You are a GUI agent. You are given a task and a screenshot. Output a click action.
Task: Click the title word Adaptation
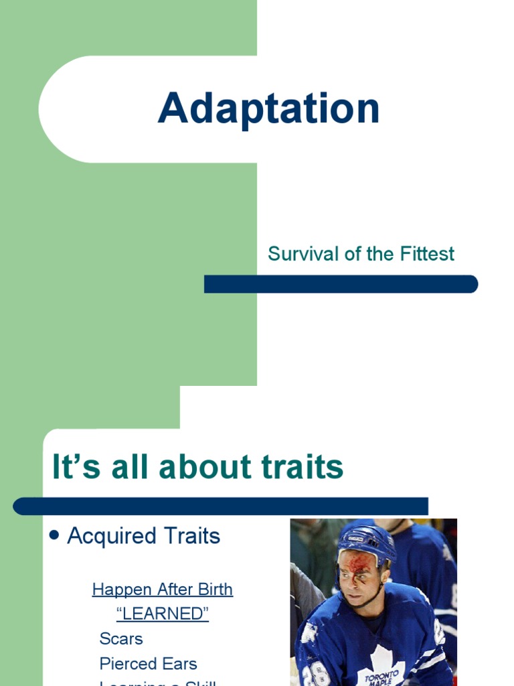click(x=268, y=109)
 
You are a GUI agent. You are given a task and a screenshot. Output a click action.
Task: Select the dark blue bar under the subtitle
click(x=341, y=284)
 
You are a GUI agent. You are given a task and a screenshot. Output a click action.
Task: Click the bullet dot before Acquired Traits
click(x=56, y=536)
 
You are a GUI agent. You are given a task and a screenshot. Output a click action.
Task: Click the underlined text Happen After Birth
click(x=162, y=590)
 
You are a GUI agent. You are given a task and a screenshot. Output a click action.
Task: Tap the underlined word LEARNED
click(x=162, y=614)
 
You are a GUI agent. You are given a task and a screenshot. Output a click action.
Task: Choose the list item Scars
click(x=121, y=638)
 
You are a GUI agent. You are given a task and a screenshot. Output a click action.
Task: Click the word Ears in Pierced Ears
click(x=180, y=664)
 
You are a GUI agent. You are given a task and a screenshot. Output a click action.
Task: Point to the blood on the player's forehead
click(x=355, y=563)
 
